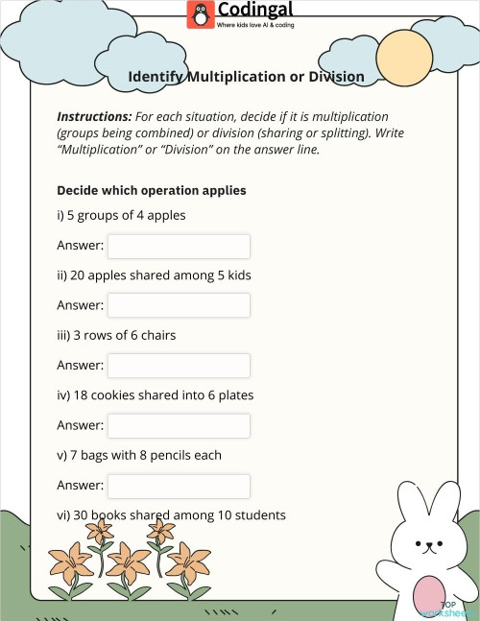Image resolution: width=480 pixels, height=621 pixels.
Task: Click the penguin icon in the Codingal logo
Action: tap(201, 13)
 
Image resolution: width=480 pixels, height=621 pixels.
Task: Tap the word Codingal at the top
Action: tap(249, 11)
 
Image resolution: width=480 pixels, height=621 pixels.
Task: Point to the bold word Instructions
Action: tap(94, 115)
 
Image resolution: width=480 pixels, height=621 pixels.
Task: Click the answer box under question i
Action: tap(179, 246)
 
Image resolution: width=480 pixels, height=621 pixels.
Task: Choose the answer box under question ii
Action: tap(179, 305)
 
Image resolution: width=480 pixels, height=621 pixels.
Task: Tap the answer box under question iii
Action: tap(179, 366)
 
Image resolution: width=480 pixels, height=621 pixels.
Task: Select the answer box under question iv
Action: tap(179, 425)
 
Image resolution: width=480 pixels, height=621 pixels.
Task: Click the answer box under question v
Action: tap(179, 486)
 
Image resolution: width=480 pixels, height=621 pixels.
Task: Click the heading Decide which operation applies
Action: tap(152, 190)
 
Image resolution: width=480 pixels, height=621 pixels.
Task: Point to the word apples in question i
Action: tap(166, 215)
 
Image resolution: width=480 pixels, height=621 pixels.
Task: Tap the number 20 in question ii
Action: tap(76, 275)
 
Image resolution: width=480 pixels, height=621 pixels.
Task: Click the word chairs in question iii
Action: tap(156, 335)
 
